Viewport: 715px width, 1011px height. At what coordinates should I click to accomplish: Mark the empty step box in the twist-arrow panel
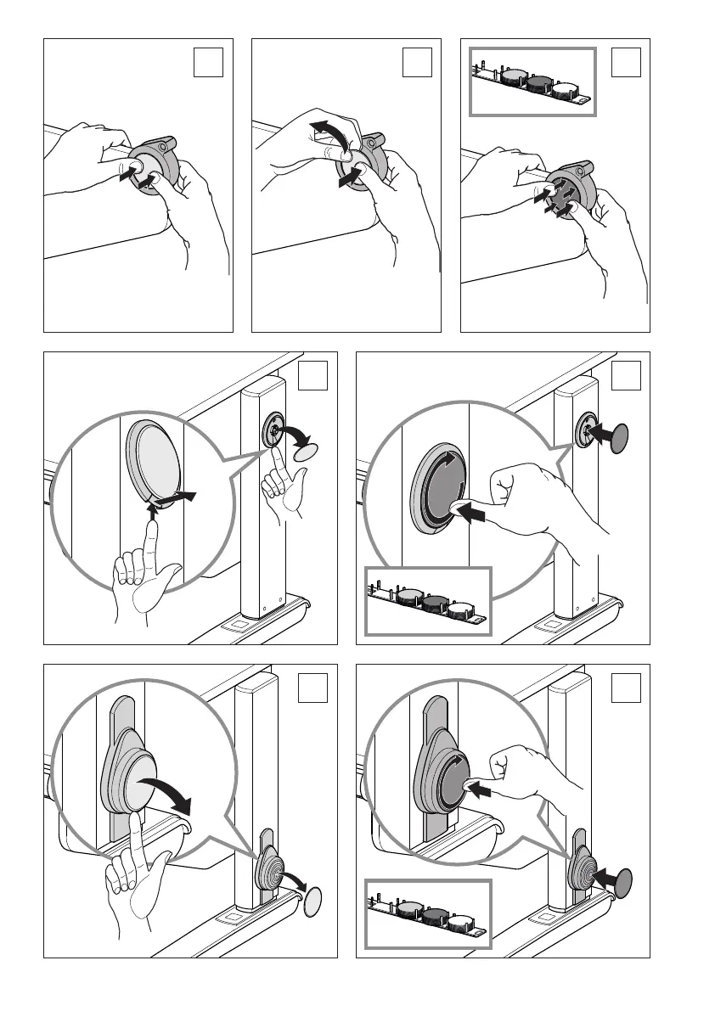[x=417, y=62]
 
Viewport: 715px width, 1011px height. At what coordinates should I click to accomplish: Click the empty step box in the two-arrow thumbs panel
[x=208, y=62]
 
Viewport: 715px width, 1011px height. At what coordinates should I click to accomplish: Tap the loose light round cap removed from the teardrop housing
[x=313, y=899]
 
